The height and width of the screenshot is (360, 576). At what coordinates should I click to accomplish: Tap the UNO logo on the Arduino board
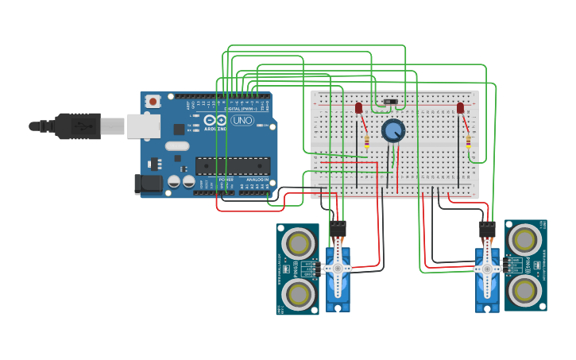pyautogui.click(x=242, y=120)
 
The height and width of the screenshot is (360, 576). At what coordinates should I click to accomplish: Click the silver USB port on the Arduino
pyautogui.click(x=142, y=126)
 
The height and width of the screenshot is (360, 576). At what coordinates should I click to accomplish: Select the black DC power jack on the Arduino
pyautogui.click(x=148, y=184)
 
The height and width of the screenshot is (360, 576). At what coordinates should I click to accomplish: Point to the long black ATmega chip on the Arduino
pyautogui.click(x=233, y=165)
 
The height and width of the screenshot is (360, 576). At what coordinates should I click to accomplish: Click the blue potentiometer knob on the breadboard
pyautogui.click(x=392, y=130)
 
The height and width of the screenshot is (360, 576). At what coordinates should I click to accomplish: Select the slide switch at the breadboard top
pyautogui.click(x=389, y=102)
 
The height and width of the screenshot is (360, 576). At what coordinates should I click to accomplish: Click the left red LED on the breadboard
pyautogui.click(x=358, y=107)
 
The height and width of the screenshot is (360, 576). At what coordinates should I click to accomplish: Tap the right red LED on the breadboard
pyautogui.click(x=460, y=107)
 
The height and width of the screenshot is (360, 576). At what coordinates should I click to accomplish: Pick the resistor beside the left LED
pyautogui.click(x=366, y=142)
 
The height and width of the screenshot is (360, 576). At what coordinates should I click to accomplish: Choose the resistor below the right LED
pyautogui.click(x=468, y=142)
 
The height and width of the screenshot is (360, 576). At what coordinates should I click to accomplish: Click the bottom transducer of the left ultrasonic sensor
pyautogui.click(x=298, y=294)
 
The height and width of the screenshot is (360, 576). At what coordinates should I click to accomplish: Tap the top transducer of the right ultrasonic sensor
pyautogui.click(x=525, y=238)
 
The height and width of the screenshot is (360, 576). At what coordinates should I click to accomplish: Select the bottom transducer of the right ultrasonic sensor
pyautogui.click(x=525, y=291)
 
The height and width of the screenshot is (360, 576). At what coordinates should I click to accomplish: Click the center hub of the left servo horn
pyautogui.click(x=338, y=269)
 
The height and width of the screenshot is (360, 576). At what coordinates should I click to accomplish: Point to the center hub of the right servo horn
pyautogui.click(x=487, y=269)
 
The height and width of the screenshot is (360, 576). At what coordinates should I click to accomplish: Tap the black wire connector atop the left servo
pyautogui.click(x=338, y=228)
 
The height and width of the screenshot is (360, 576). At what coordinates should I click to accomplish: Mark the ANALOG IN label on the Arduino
pyautogui.click(x=255, y=180)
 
